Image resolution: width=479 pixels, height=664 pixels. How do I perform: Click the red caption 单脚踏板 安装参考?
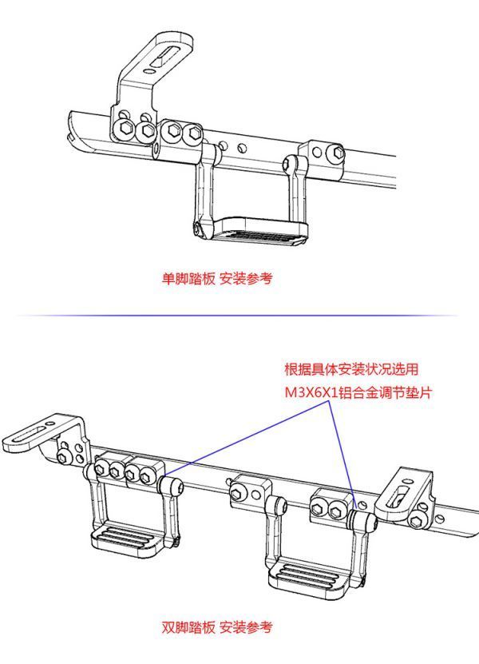pyautogui.click(x=217, y=279)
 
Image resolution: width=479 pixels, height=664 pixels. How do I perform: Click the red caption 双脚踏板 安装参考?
pyautogui.click(x=217, y=627)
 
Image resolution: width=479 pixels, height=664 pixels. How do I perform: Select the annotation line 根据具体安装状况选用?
pyautogui.click(x=351, y=369)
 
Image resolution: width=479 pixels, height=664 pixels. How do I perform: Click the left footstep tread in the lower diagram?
pyautogui.click(x=125, y=539)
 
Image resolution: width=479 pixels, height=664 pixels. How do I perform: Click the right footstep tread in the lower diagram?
pyautogui.click(x=311, y=578)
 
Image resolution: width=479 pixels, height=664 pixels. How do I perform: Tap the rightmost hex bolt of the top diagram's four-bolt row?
pyautogui.click(x=193, y=133)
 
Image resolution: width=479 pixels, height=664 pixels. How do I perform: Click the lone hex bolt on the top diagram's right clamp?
pyautogui.click(x=338, y=153)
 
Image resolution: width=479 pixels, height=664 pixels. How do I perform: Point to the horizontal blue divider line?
pyautogui.click(x=237, y=316)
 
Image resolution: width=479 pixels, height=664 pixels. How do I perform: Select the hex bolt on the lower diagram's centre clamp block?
pyautogui.click(x=238, y=493)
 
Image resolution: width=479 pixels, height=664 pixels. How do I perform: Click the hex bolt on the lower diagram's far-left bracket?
pyautogui.click(x=63, y=456)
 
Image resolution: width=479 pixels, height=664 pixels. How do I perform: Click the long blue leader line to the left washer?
pyautogui.click(x=246, y=439)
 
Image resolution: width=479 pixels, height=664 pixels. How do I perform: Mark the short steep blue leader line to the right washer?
pyautogui.click(x=341, y=454)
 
